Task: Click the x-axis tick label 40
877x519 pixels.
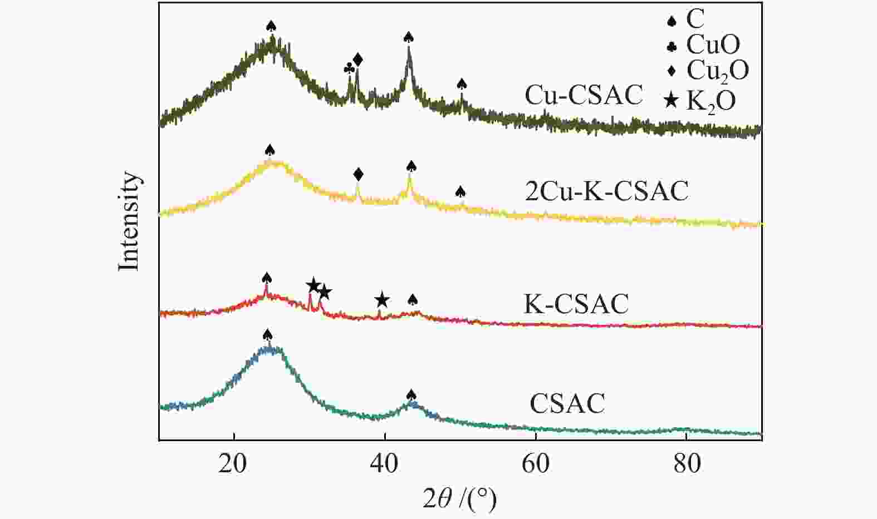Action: [384, 463]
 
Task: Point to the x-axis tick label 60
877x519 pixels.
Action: [535, 463]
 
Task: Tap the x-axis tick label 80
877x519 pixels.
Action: [687, 463]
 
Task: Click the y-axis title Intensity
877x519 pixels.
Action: [129, 221]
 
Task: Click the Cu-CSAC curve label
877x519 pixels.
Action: [584, 95]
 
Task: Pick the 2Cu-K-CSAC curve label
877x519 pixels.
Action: [606, 191]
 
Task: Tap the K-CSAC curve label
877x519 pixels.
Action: [576, 304]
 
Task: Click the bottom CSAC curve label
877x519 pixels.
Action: [567, 403]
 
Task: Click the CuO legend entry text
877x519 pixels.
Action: [713, 45]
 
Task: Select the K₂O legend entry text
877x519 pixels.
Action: [711, 101]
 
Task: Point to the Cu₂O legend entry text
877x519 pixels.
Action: [718, 71]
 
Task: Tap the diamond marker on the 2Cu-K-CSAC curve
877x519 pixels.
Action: [358, 175]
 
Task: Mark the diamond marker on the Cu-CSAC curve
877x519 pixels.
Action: [357, 60]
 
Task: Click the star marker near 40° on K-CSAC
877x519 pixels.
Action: [381, 300]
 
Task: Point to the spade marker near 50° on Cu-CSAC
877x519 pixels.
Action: [462, 84]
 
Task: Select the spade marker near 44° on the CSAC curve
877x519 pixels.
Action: [411, 395]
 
